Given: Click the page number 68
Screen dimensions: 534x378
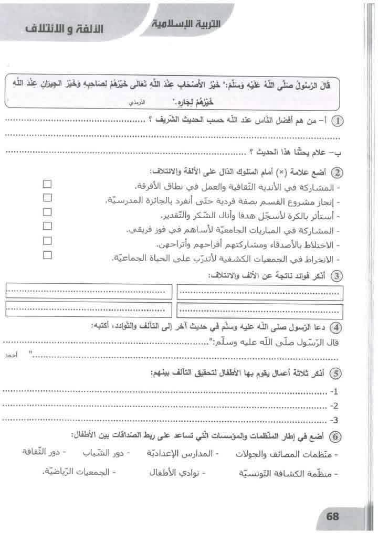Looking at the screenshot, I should (333, 516).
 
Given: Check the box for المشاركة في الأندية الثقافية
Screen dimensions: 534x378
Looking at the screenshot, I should (48, 184).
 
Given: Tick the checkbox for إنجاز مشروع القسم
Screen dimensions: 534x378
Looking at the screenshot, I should (48, 198).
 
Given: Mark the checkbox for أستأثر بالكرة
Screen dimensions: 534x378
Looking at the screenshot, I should (48, 212).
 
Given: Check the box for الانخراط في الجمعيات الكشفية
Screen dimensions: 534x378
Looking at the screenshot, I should (48, 255).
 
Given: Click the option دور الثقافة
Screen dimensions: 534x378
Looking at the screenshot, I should (41, 452).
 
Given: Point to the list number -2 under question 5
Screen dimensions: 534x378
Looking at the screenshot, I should (334, 405).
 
